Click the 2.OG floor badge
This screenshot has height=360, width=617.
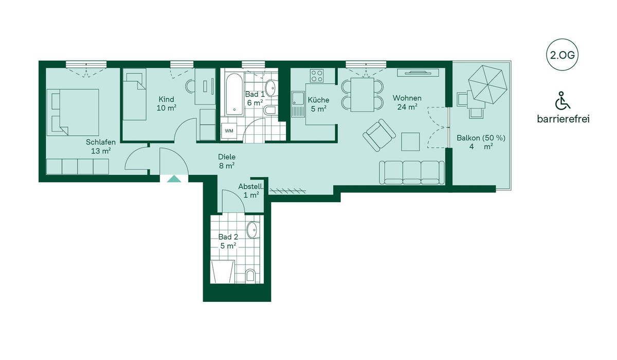point(562,55)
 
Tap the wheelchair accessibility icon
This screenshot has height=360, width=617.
point(562,100)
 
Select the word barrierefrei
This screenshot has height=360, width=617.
point(564,119)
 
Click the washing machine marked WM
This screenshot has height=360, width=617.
point(229,131)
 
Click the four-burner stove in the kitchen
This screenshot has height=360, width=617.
point(317,76)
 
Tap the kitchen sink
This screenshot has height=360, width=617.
point(298,104)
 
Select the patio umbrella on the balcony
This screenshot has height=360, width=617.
point(487,84)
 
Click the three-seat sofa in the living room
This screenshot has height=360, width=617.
point(411,172)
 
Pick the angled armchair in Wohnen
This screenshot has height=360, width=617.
point(379,135)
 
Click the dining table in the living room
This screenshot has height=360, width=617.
point(362,95)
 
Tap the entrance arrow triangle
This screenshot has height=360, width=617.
point(174,179)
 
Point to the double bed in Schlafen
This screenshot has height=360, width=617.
point(72,113)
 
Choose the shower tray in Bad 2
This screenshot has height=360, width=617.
point(222,272)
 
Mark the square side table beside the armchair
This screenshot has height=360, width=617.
point(410,141)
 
